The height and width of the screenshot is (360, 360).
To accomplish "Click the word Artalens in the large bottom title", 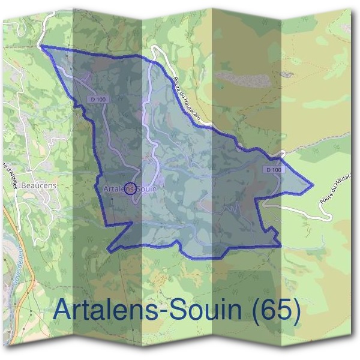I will point(111,310).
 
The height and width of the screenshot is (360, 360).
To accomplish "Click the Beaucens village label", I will point(38,185).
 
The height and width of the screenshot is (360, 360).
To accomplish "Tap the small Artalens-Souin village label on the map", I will point(130,188).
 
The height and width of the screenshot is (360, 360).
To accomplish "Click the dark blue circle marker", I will point(131,189).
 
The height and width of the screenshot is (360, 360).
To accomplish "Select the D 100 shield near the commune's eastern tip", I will point(272,170).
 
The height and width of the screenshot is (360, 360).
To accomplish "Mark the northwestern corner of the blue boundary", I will point(41,46).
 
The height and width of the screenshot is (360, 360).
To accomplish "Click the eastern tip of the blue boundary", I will point(313,184).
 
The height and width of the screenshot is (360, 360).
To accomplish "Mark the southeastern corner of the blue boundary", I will point(280,245).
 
